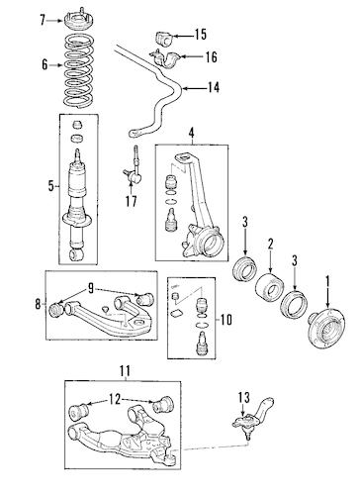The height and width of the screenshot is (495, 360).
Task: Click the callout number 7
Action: pos(43,20)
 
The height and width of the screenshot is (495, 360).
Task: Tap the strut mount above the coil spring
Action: pos(78,21)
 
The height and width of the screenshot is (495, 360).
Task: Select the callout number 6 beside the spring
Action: pos(45,65)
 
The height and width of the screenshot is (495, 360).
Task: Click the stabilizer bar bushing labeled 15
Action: pos(164,39)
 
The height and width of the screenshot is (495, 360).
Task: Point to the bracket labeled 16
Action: pos(165,58)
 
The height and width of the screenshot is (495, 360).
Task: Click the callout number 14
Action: pos(214,88)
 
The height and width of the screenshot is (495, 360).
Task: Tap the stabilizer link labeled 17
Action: pos(133,170)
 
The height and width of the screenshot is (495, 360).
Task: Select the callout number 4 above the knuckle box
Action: pos(192,134)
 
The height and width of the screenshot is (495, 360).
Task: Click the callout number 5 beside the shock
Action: pos(50,187)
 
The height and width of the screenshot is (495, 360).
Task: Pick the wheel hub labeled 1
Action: pos(326,327)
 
